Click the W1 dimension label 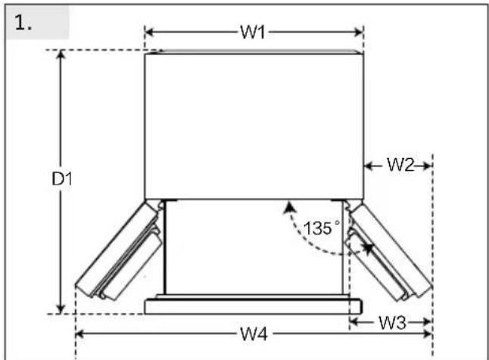252,32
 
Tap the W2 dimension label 400,165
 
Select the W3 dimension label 392,323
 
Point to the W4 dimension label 254,334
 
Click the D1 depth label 62,179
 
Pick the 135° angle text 321,228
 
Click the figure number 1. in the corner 23,23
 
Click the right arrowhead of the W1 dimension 359,32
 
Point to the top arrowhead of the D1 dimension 61,54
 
